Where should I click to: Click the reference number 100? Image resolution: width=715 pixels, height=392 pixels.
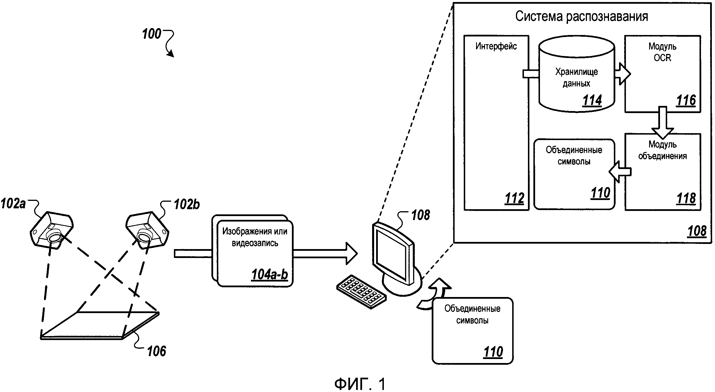tap(152, 34)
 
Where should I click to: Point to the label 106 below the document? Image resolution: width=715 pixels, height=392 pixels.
tap(156, 351)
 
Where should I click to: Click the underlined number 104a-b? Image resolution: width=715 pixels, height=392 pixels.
tap(270, 275)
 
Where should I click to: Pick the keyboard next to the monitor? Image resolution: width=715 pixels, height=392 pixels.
tap(361, 292)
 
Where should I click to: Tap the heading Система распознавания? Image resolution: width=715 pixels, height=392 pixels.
tap(582, 16)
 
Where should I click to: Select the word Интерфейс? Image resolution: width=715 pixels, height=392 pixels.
tap(496, 46)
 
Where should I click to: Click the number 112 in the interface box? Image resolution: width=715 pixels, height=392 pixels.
tap(514, 199)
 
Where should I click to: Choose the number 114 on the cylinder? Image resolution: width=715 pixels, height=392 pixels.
tap(592, 100)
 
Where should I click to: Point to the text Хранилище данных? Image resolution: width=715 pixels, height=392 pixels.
tap(576, 77)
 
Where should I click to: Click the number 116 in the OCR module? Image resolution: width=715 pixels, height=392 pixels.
tap(686, 100)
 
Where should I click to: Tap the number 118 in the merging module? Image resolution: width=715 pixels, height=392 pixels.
tap(686, 199)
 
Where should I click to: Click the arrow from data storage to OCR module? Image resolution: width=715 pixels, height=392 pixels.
tap(622, 74)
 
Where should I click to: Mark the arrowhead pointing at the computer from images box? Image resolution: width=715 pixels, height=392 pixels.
tap(351, 253)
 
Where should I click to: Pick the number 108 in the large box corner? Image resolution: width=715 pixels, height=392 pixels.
tap(697, 231)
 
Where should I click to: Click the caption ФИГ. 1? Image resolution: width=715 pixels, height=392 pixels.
tap(360, 384)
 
